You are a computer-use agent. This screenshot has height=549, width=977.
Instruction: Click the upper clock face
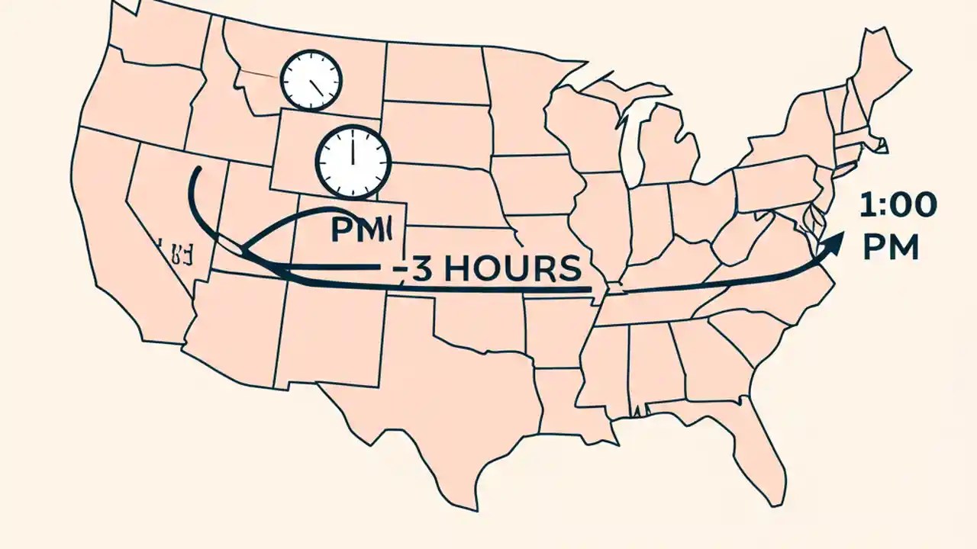[x=311, y=79]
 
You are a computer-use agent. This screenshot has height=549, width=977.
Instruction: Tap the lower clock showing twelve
[x=353, y=161]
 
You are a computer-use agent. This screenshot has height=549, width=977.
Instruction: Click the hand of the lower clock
[x=353, y=151]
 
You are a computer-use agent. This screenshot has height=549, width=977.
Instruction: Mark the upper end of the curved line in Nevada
[x=196, y=169]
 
